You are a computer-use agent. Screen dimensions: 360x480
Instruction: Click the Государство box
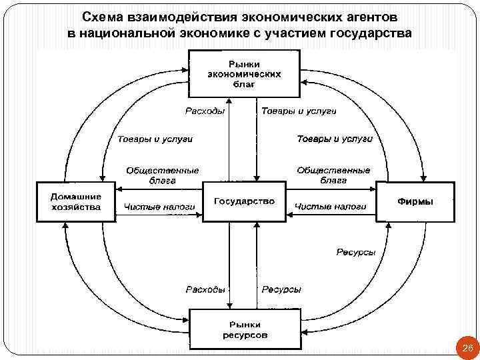click(x=243, y=201)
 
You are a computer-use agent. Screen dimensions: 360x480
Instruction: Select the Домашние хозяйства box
click(x=76, y=201)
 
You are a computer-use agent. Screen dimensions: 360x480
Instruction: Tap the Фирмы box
click(x=415, y=201)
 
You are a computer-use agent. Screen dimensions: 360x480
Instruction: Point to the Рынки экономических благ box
click(x=243, y=73)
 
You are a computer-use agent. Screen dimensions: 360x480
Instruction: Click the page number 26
click(x=467, y=349)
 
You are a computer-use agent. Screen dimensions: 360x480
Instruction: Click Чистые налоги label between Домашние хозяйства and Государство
click(x=159, y=207)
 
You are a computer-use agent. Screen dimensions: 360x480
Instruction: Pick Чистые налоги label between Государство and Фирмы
click(x=330, y=207)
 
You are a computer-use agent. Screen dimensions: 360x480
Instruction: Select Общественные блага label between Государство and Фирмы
click(x=333, y=175)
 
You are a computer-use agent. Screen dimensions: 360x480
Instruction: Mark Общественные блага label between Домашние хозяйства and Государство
click(x=159, y=175)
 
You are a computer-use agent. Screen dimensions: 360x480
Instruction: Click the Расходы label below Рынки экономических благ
click(x=204, y=111)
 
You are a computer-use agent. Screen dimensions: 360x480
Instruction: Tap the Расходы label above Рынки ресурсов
click(x=204, y=289)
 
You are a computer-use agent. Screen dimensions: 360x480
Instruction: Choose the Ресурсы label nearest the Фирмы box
click(x=355, y=252)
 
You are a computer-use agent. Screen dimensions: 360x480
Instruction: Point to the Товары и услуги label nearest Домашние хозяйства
click(x=154, y=139)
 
